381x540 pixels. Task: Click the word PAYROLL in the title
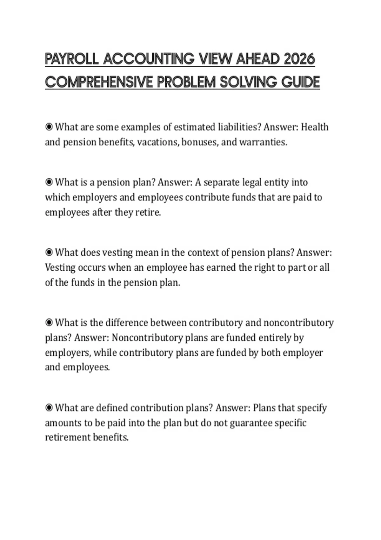[x=72, y=59]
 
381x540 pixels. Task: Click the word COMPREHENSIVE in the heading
[x=99, y=82]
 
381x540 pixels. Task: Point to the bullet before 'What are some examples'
[x=49, y=127]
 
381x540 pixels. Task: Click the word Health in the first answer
[x=315, y=127]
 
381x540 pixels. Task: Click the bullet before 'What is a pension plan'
[x=49, y=182]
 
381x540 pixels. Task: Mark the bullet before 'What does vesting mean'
[x=49, y=253]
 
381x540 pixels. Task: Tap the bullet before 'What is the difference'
[x=49, y=323]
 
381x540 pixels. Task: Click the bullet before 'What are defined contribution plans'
[x=49, y=408]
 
